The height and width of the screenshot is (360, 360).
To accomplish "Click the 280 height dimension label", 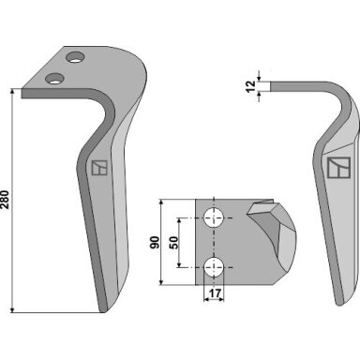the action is tap(6, 200).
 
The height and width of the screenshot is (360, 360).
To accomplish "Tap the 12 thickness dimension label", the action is tap(250, 86).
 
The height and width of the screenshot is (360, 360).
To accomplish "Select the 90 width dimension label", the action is tap(155, 242).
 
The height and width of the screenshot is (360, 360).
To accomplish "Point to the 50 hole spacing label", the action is tap(173, 243).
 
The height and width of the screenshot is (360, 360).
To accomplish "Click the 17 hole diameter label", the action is tap(215, 293).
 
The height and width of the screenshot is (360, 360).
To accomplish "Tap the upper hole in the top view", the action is tap(214, 217).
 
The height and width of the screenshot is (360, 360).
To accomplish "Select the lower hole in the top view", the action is tap(214, 267).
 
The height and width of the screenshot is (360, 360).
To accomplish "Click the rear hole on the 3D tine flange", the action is tap(76, 57).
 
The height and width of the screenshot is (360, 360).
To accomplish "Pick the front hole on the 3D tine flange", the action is tap(55, 79).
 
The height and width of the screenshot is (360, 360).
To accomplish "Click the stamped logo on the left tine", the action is tap(99, 168).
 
